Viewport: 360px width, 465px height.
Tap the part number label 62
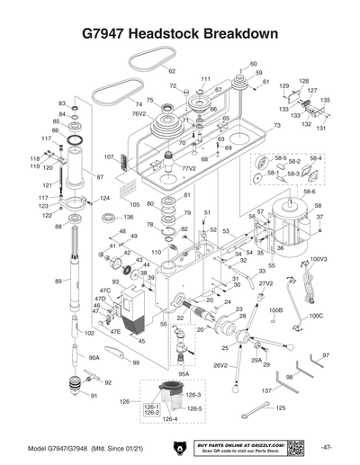click(172, 71)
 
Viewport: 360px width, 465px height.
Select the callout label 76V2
click(139, 114)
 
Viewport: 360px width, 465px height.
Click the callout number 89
click(58, 282)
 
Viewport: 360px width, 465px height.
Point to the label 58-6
click(309, 192)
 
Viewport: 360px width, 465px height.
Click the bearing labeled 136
click(110, 218)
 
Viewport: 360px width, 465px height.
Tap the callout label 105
click(133, 205)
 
